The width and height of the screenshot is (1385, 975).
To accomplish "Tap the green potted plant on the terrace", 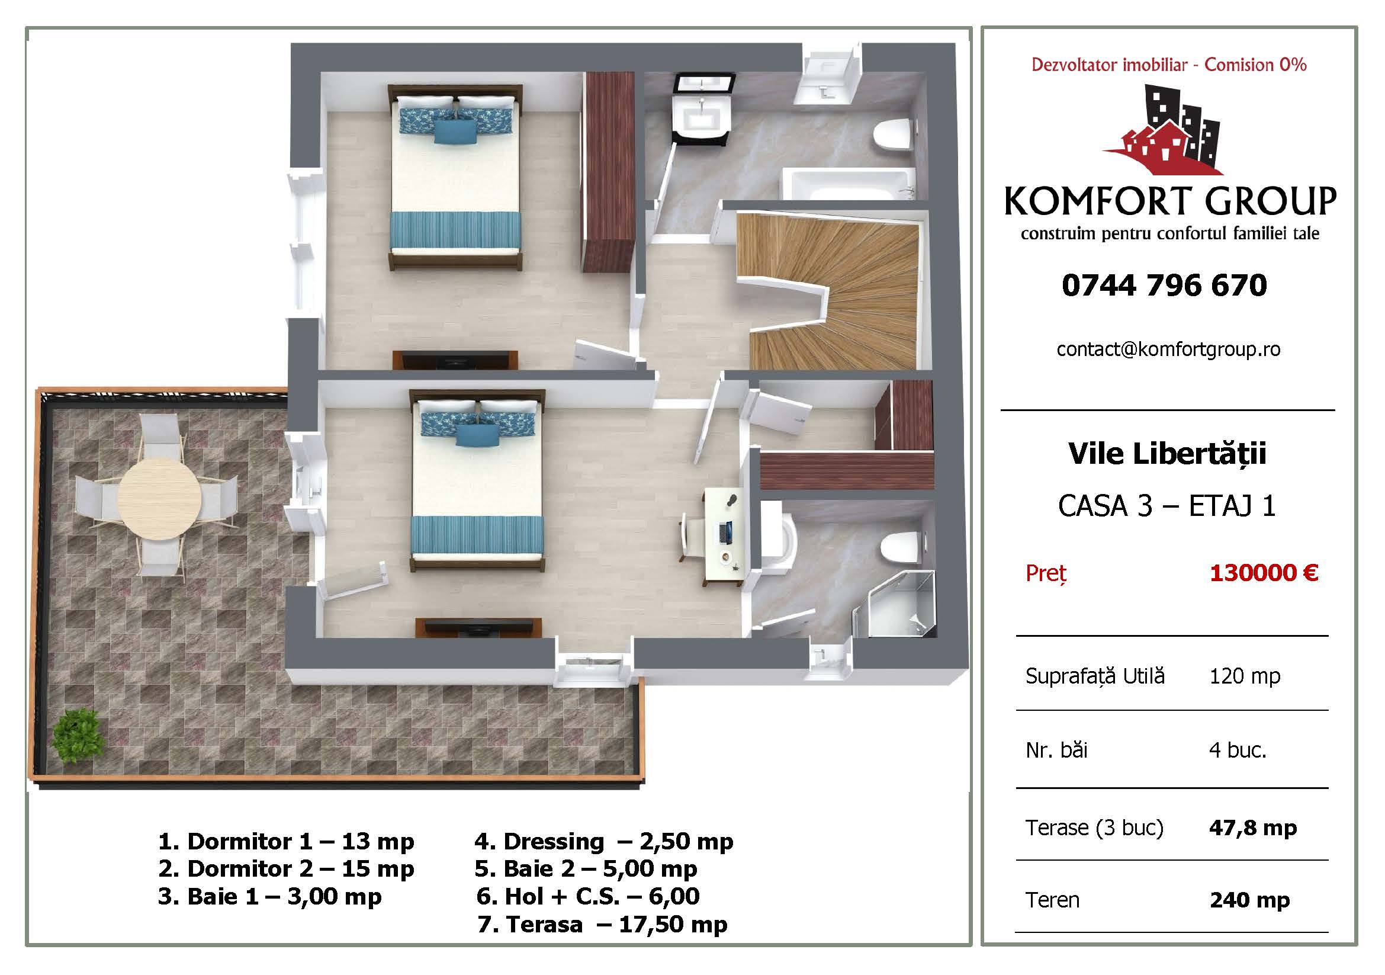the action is [76, 736].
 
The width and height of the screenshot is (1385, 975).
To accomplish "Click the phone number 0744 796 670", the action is [1164, 286].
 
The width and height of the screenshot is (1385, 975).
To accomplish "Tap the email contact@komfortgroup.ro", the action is [1168, 349].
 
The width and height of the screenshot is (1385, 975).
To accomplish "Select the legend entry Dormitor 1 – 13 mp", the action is [286, 841].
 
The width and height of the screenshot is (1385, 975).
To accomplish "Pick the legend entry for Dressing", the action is [604, 841].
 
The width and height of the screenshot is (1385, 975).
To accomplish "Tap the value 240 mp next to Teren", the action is [1250, 900].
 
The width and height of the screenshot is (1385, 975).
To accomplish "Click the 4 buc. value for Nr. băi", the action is [1238, 750].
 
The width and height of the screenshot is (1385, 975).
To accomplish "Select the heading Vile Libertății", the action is [1167, 453].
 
